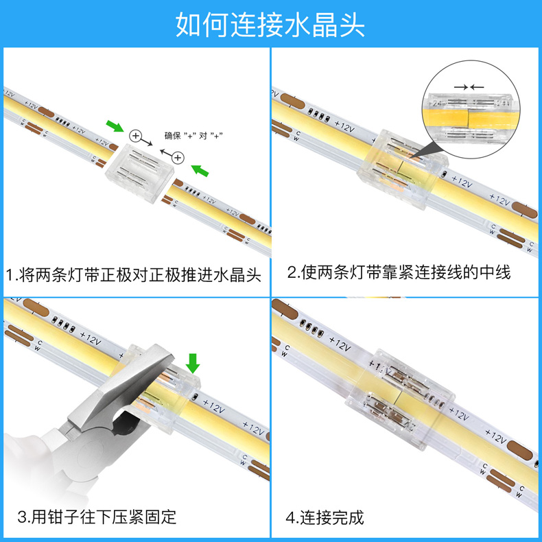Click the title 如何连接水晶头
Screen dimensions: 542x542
[x=270, y=25]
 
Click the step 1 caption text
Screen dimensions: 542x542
[x=133, y=275]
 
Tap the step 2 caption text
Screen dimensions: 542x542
[x=399, y=272]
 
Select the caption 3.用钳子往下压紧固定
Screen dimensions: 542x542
[x=97, y=517]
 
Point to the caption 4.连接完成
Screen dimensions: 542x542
[x=325, y=517]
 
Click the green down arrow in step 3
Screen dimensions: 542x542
[x=193, y=364]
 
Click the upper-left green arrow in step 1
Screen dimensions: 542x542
[x=115, y=126]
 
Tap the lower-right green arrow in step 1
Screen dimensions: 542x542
[x=200, y=170]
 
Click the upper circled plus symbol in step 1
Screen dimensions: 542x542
[x=136, y=136]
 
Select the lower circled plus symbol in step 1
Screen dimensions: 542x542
[x=178, y=158]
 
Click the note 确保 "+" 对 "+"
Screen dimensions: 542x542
[x=193, y=135]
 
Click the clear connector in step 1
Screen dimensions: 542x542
[x=139, y=173]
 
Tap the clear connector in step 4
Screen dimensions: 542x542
[x=401, y=399]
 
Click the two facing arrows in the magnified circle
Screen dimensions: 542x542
[x=469, y=87]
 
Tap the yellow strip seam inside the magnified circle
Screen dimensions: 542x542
[x=468, y=118]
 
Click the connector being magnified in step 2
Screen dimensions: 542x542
[x=403, y=169]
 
